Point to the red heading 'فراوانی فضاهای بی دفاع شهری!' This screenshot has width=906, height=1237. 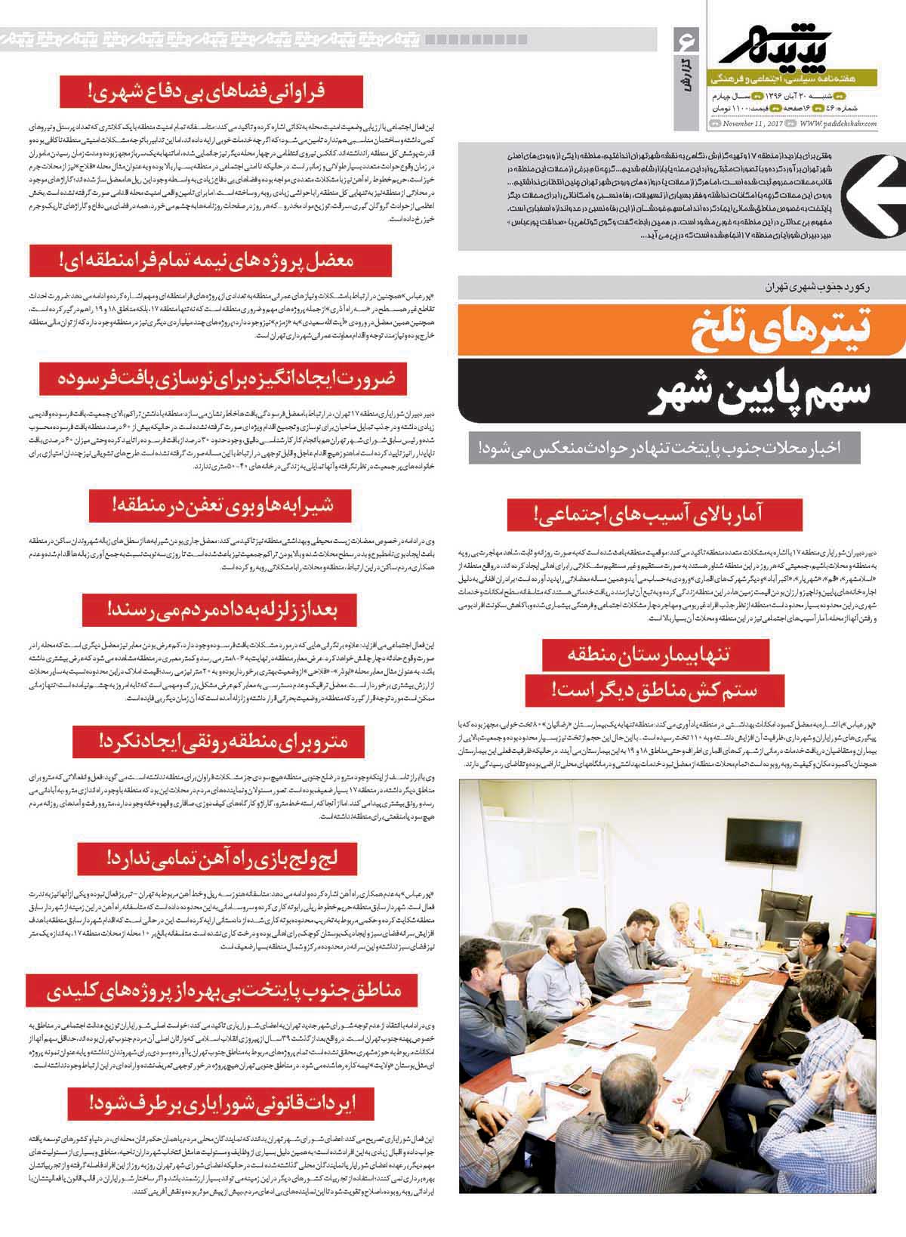point(212,91)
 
